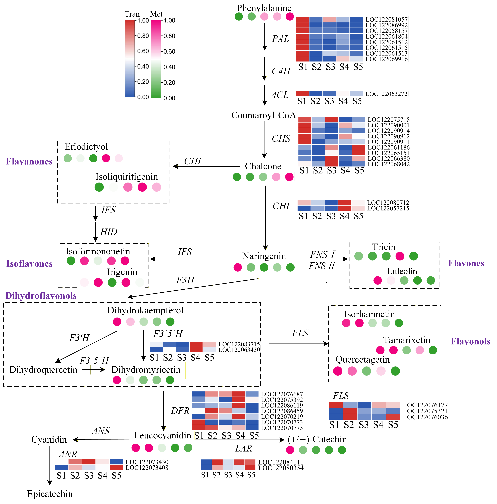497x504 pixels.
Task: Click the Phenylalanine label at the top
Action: coord(264,8)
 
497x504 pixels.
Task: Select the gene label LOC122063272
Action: coord(386,94)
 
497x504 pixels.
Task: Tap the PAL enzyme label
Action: coord(280,39)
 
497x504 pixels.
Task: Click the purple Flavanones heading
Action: coord(29,161)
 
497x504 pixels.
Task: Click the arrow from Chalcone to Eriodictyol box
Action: coord(206,166)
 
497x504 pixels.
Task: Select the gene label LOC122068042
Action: coord(389,164)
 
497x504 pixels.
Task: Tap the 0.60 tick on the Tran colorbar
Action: coord(143,51)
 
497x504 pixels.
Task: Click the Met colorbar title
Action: coord(156,14)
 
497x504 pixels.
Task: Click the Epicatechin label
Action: coord(50,494)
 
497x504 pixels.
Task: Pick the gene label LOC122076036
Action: coord(425,417)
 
